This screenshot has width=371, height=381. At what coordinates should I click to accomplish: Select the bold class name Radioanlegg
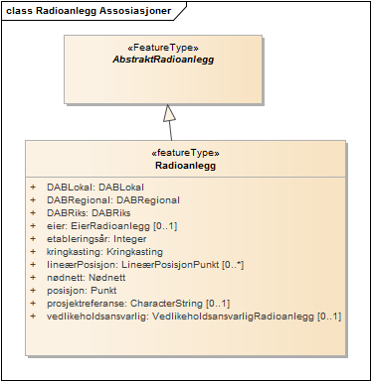click(172, 166)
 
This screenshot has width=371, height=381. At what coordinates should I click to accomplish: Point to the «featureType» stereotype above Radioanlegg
click(172, 153)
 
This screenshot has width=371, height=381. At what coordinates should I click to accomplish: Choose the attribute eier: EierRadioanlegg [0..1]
click(111, 225)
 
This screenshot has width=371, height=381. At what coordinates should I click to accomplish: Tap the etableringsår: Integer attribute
click(96, 238)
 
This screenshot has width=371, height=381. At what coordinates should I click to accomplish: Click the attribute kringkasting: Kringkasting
click(104, 251)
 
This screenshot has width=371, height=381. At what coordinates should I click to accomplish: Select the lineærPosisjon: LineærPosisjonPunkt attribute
click(138, 264)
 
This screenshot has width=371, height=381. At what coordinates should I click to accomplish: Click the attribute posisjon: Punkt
click(82, 290)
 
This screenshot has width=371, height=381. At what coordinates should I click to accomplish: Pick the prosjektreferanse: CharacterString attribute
click(124, 303)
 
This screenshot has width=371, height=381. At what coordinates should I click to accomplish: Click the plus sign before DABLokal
click(32, 187)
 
